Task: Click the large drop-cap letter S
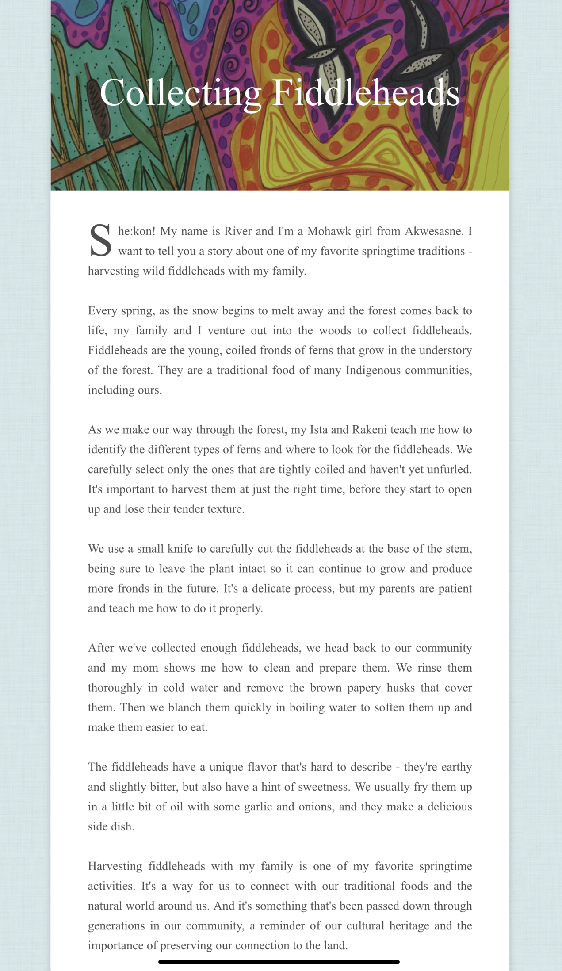coord(101,241)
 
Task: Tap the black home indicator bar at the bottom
coord(279,962)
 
